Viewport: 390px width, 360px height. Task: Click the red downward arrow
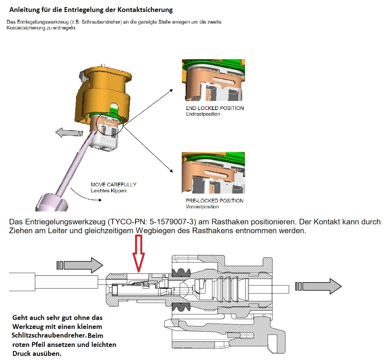tap(139, 253)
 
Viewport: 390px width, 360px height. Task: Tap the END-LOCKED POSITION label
tap(214, 108)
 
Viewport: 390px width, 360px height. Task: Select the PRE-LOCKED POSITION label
tap(214, 201)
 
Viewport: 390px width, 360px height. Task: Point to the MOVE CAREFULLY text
tap(113, 184)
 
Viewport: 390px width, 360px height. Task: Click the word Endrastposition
tap(202, 114)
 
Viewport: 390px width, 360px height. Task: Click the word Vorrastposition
tap(202, 207)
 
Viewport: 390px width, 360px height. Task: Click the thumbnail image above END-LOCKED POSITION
tap(213, 80)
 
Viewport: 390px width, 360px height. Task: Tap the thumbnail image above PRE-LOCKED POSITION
tap(213, 173)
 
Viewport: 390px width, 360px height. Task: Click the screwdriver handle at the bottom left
tap(52, 202)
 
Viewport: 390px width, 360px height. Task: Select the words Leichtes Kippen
tap(108, 190)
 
